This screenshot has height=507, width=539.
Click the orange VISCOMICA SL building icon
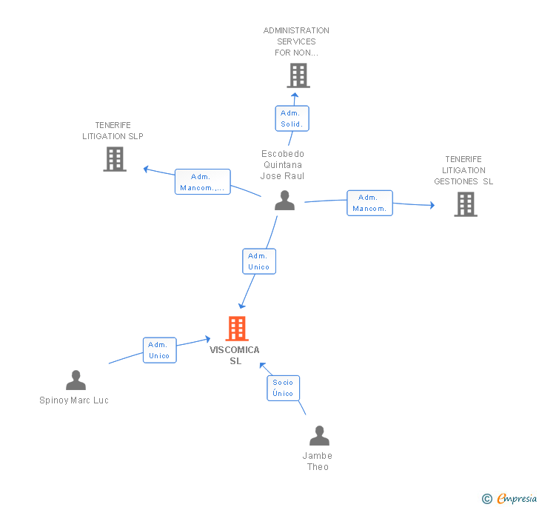tap(237, 329)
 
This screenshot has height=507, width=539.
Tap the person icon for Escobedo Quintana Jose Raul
tap(284, 200)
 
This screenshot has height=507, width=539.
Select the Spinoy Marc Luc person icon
tap(76, 380)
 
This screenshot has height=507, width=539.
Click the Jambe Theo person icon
tap(319, 435)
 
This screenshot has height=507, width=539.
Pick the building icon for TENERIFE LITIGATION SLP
tap(115, 159)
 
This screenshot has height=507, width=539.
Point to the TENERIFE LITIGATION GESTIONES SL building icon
tap(466, 204)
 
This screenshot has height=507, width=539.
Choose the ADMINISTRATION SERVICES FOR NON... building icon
tap(298, 75)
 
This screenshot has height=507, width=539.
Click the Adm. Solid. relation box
tap(292, 118)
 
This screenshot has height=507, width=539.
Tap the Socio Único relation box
tap(284, 388)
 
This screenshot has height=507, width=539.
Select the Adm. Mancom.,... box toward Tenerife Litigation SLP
tap(202, 182)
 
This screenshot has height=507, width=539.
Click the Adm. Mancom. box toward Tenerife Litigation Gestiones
tap(369, 203)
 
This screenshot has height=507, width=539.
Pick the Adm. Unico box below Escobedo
tap(259, 261)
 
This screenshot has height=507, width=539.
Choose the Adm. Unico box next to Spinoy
tap(160, 350)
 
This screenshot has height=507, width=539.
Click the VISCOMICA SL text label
tap(235, 355)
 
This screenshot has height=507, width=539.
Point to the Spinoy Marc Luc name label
tap(74, 400)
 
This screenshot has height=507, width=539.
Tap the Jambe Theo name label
tap(318, 461)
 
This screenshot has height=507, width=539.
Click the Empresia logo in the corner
tap(509, 498)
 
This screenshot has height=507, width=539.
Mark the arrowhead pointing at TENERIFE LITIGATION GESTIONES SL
tap(432, 205)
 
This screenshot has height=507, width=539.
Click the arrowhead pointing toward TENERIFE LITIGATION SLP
tap(146, 169)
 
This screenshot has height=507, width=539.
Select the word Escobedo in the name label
tap(283, 154)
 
